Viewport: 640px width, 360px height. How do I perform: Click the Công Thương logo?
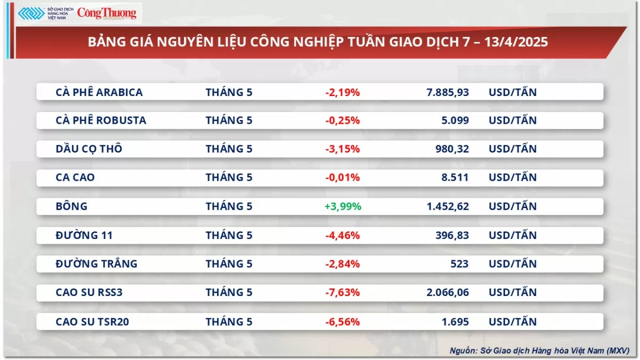pyautogui.click(x=107, y=13)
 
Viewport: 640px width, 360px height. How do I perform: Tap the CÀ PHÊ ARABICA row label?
pyautogui.click(x=99, y=92)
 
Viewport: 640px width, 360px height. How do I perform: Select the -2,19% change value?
pyautogui.click(x=342, y=92)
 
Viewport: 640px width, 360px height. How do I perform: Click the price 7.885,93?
pyautogui.click(x=447, y=92)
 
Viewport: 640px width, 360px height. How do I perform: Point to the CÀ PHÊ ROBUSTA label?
pyautogui.click(x=101, y=121)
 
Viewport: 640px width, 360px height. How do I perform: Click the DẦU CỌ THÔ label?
pyautogui.click(x=89, y=149)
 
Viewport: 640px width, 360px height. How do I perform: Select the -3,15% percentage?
pyautogui.click(x=342, y=149)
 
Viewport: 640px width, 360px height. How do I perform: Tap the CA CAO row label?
pyautogui.click(x=75, y=178)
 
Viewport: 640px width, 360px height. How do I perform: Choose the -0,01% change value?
pyautogui.click(x=342, y=178)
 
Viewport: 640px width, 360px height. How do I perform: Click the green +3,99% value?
pyautogui.click(x=342, y=206)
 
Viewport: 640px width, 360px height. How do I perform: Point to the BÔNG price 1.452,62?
pyautogui.click(x=447, y=206)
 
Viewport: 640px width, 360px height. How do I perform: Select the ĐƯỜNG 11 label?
pyautogui.click(x=84, y=235)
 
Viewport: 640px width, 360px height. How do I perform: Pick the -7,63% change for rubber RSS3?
pyautogui.click(x=342, y=292)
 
